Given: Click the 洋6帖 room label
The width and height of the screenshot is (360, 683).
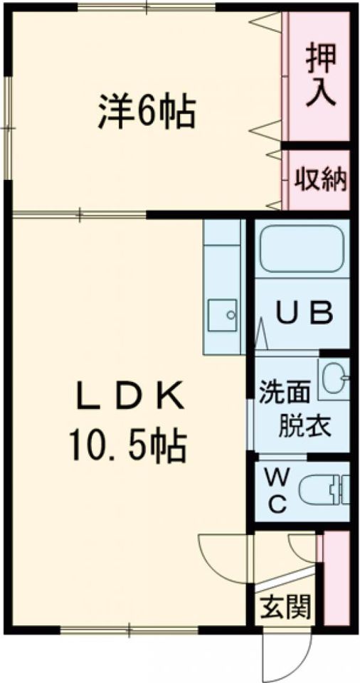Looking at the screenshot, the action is coord(147,111).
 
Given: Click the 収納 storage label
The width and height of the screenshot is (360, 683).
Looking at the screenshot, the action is coord(320,179).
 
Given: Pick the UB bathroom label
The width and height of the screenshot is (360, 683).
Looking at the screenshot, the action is coord(305,312).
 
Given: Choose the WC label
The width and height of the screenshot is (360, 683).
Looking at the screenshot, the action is coord(277,492).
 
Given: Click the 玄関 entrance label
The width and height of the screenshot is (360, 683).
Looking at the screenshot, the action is coord(286,607).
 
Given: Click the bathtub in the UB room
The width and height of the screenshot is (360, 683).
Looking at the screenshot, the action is coord(302,249).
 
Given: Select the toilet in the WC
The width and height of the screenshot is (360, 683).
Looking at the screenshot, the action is coord(324,490).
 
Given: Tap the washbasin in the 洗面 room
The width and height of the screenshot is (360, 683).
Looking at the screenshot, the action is coord(334,379).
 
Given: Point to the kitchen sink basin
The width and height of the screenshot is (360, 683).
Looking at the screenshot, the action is coord(222,314).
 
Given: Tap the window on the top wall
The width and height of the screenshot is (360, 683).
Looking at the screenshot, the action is coord(147,7).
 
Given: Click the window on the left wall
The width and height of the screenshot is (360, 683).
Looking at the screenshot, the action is coord(8,128).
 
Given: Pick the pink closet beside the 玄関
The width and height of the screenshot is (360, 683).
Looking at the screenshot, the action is coord(337,578).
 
